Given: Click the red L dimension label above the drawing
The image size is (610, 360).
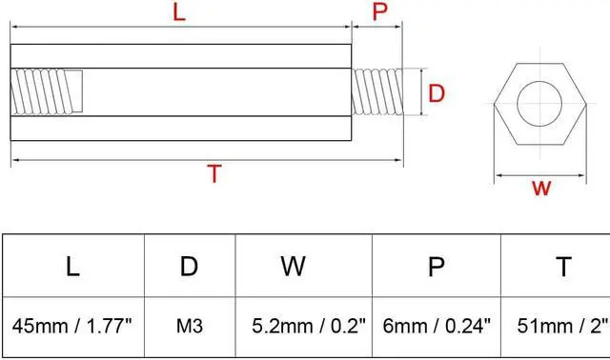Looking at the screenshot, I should tap(177, 12).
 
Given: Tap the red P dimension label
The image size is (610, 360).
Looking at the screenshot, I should tap(379, 12).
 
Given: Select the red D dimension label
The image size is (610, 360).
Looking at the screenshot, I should tap(437, 93).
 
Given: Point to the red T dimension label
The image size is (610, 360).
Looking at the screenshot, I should tap(214, 174).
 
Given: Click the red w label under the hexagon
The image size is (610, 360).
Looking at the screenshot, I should tap(541, 188).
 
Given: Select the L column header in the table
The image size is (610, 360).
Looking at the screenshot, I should tap(72, 267).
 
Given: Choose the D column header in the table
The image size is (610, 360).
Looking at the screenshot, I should tap(189, 267).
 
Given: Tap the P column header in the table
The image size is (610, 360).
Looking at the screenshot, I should tap(437, 267).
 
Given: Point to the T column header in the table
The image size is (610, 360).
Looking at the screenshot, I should tap(563, 267).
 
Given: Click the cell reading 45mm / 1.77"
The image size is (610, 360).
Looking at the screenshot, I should tap(72, 327).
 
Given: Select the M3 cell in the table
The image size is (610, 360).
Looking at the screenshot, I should tap(189, 327).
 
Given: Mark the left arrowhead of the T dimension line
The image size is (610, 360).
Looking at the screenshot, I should tap(14, 158).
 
